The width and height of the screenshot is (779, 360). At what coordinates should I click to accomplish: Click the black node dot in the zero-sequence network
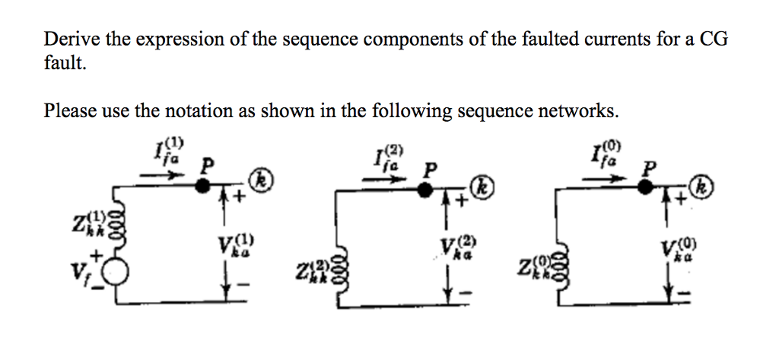click(x=646, y=189)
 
